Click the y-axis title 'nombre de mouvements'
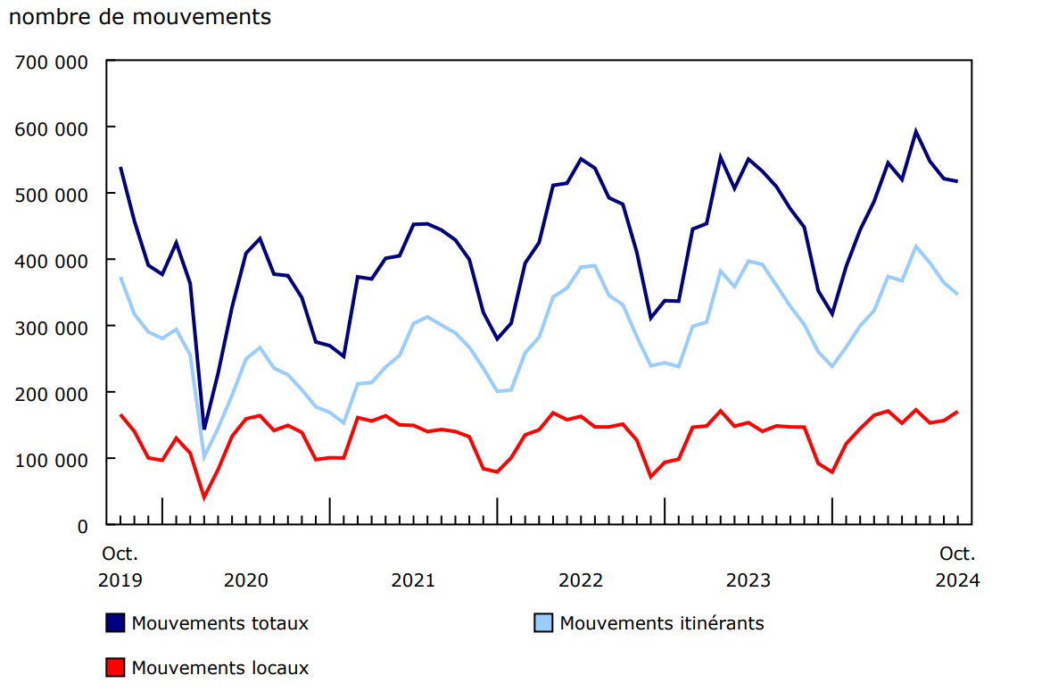[140, 17]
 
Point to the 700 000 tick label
[52, 62]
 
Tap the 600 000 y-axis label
[52, 128]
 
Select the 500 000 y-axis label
[52, 194]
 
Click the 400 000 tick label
[52, 260]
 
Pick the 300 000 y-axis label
[52, 327]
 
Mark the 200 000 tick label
[52, 393]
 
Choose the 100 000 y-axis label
[52, 459]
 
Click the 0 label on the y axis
[83, 526]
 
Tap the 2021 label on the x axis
[413, 580]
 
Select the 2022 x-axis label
[581, 580]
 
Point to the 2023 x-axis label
[748, 580]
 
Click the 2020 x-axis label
[245, 580]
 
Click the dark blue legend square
[115, 623]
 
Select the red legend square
[115, 667]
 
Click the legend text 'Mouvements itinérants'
[662, 623]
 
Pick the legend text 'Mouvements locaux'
[220, 667]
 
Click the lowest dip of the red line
[204, 497]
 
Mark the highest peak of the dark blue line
[915, 131]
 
